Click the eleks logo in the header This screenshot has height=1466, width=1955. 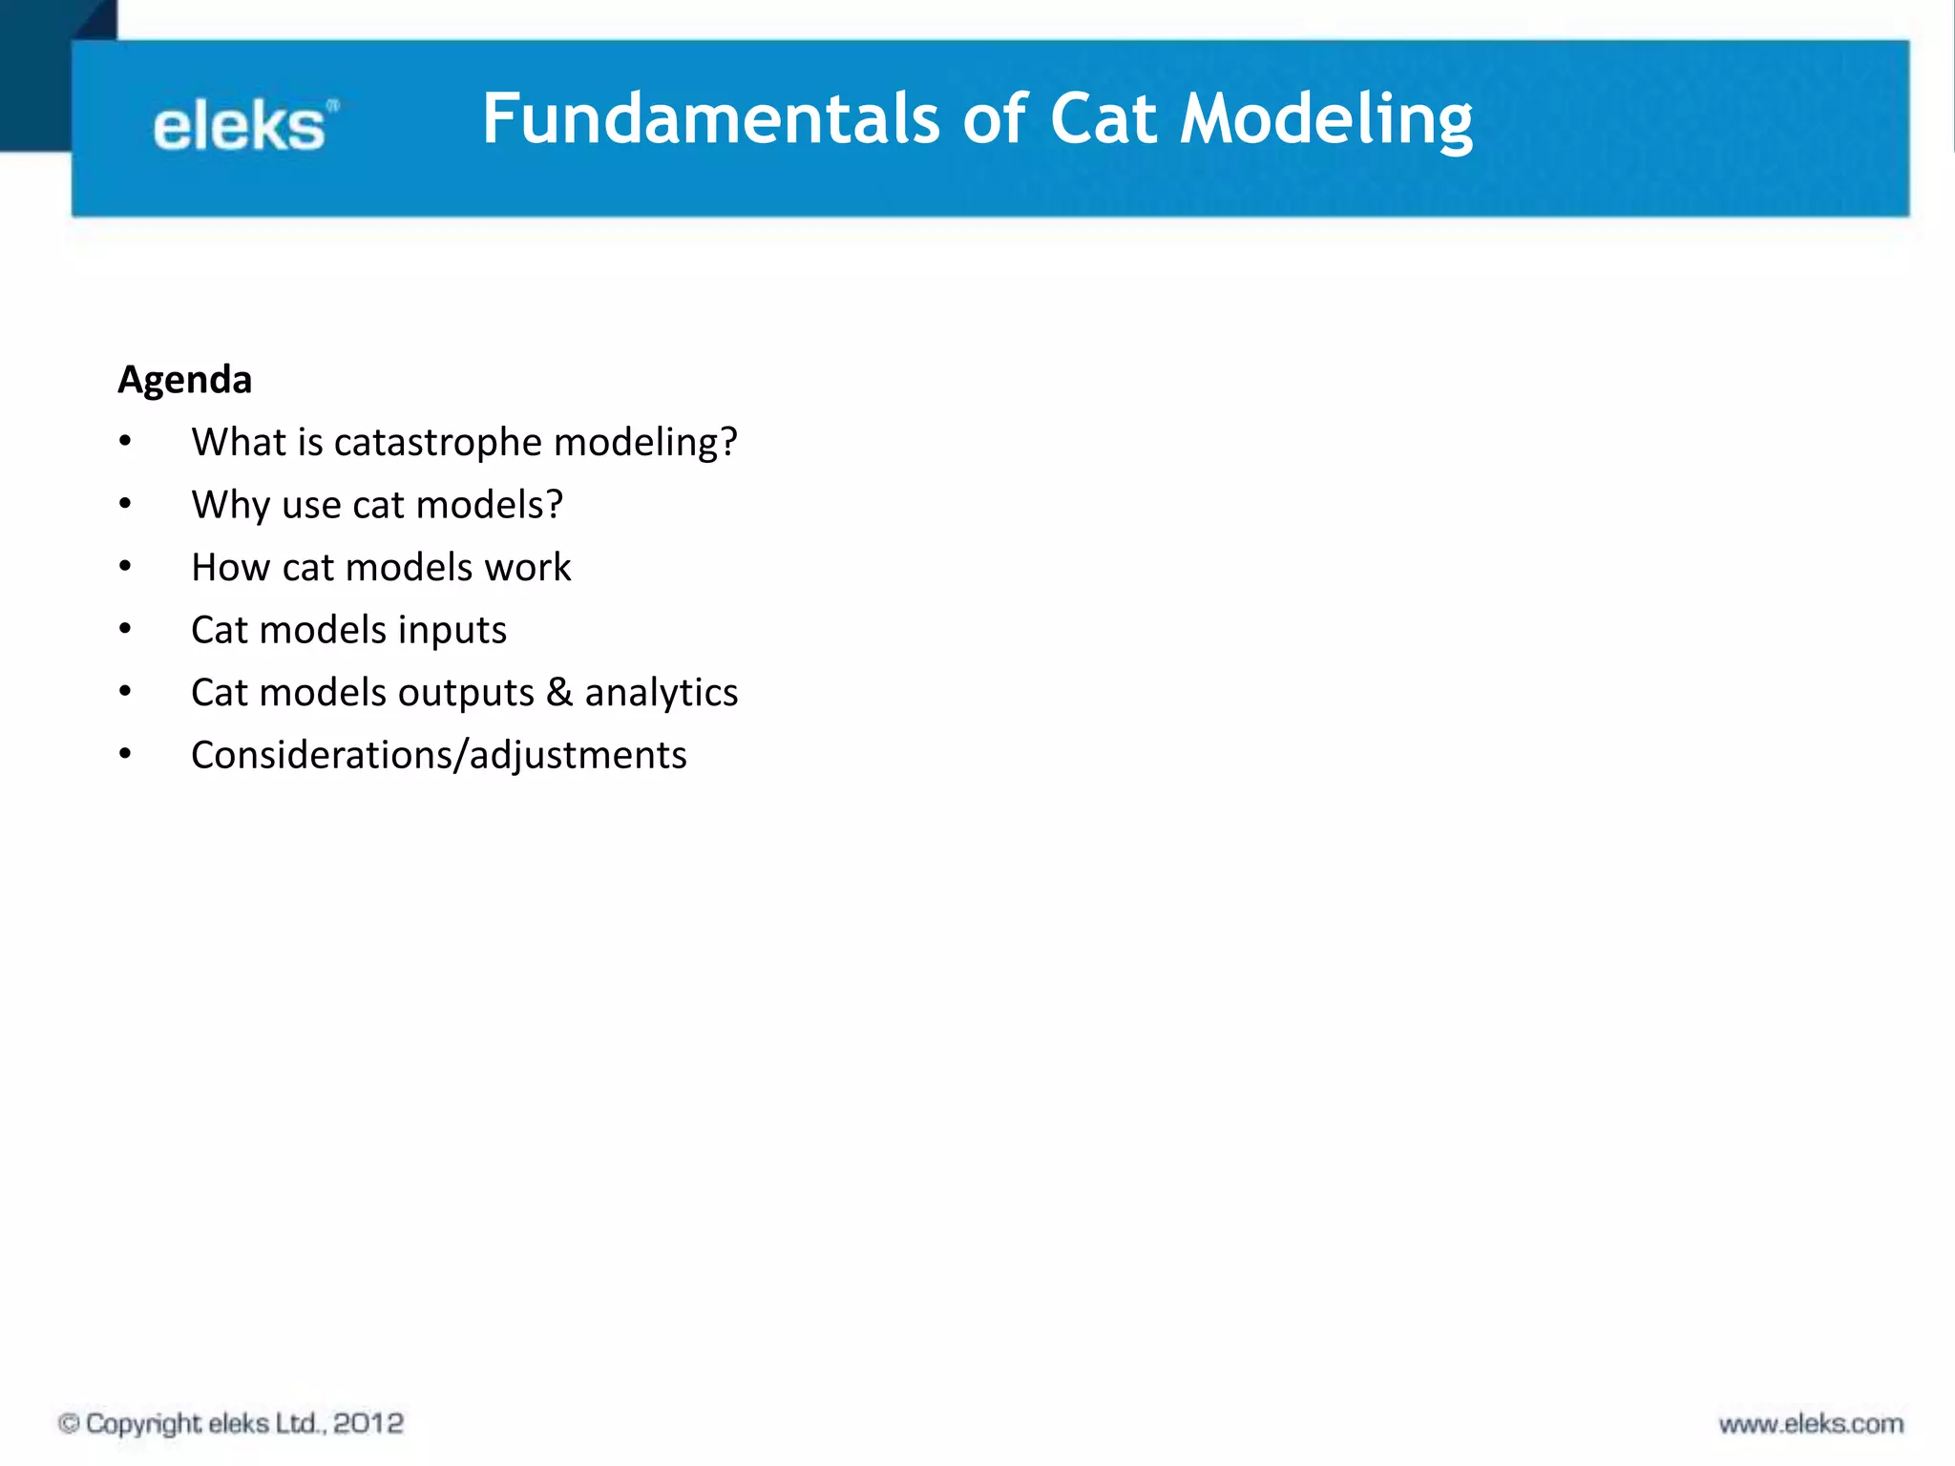coord(243,126)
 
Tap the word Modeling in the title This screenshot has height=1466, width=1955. coord(1326,120)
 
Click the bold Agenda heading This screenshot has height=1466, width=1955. coord(185,380)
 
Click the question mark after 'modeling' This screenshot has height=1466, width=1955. coord(729,442)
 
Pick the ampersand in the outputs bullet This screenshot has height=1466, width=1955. coord(559,692)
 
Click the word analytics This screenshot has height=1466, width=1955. coord(661,692)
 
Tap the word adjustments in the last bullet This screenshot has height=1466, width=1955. coord(578,755)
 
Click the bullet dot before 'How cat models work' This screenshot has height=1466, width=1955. coord(125,566)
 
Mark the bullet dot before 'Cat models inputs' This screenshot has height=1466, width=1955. coord(125,629)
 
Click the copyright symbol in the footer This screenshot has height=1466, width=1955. coord(69,1423)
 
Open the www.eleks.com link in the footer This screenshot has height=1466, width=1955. coord(1811,1424)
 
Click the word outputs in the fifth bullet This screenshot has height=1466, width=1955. coord(466,692)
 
